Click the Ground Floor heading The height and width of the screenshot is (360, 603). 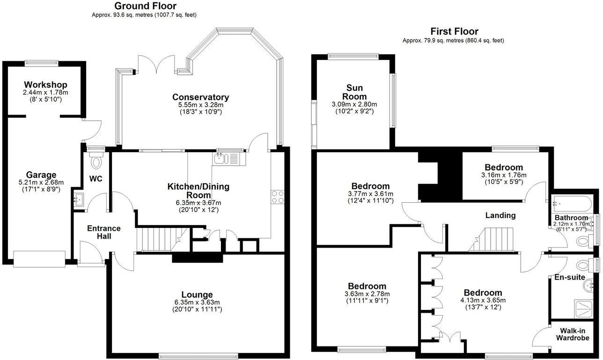145,6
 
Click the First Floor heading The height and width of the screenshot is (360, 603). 454,31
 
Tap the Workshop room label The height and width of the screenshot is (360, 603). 45,85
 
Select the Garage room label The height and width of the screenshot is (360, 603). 41,175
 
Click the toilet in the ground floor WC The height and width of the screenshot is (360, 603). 97,162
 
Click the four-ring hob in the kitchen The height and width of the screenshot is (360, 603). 277,197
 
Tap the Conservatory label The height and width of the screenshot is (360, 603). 200,97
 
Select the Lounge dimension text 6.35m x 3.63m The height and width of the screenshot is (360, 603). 197,302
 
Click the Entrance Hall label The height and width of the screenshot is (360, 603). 104,232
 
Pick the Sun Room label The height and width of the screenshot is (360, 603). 354,92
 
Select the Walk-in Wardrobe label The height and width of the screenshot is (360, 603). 572,334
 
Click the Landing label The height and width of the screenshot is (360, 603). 500,215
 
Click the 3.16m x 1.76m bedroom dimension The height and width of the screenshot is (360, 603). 503,175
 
